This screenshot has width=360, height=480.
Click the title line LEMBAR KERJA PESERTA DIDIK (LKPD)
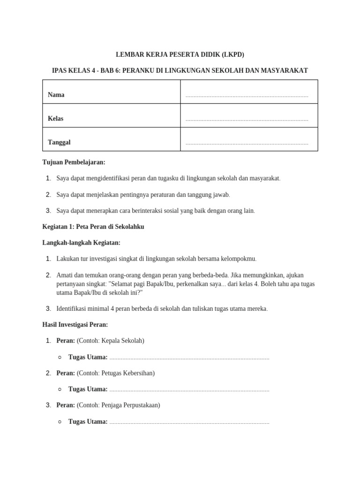click(180, 54)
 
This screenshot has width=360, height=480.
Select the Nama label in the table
click(56, 95)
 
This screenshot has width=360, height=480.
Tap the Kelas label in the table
click(56, 119)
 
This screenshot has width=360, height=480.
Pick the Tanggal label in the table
click(59, 142)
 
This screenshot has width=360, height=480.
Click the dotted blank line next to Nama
click(247, 96)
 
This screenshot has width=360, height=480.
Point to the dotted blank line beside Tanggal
click(247, 143)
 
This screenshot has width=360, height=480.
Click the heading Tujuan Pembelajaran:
click(74, 162)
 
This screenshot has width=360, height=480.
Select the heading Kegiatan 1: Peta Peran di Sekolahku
click(93, 227)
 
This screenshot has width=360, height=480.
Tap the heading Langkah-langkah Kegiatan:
click(82, 243)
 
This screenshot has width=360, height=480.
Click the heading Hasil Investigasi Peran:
click(75, 324)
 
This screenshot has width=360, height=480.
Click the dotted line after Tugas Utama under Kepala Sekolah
click(189, 358)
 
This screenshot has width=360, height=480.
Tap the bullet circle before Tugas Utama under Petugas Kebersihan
click(60, 390)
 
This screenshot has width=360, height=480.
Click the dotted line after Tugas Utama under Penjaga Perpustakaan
click(189, 422)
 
